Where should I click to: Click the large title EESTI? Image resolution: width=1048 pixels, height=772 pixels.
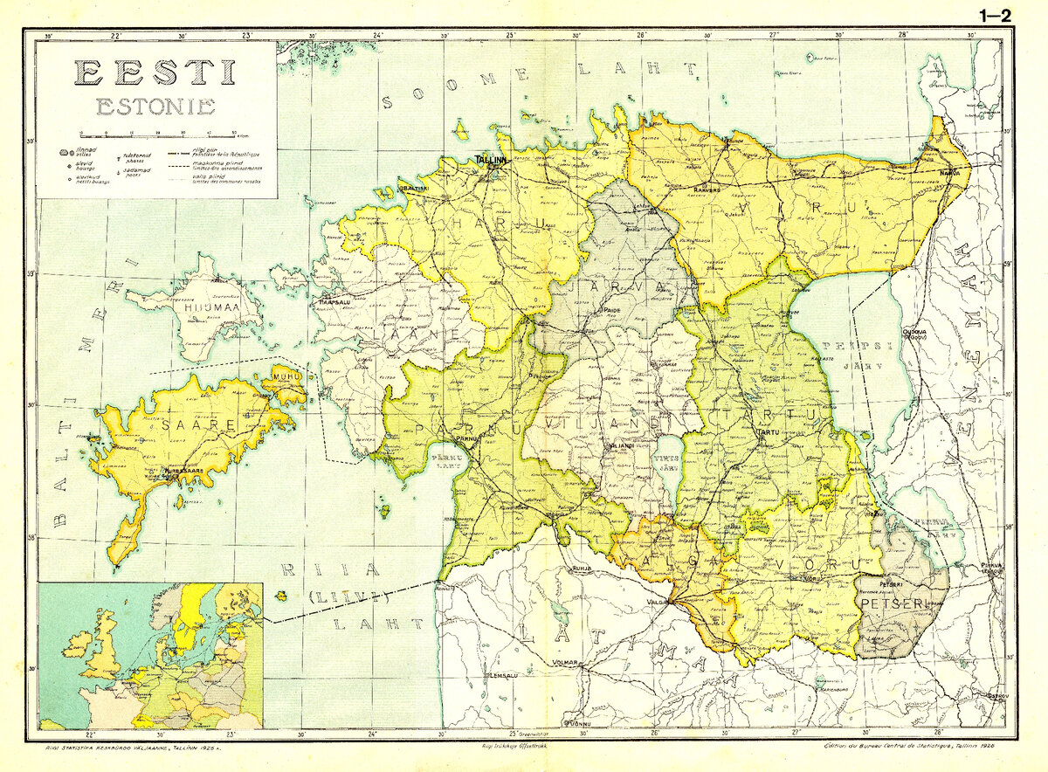click(155, 72)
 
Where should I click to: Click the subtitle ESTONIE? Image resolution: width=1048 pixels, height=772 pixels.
click(155, 107)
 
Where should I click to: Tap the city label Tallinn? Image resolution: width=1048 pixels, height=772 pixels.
click(492, 161)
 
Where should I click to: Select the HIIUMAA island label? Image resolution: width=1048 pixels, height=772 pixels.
click(200, 307)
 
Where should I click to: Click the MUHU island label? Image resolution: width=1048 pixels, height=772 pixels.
click(286, 376)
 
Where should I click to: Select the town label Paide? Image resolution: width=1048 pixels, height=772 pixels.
click(612, 310)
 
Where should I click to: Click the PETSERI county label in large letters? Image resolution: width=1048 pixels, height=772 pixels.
click(889, 603)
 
